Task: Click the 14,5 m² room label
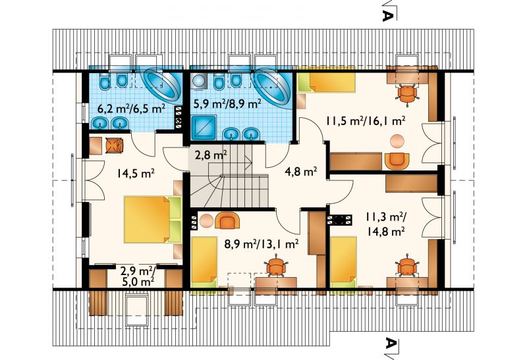pyautogui.click(x=136, y=173)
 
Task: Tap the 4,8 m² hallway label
pyautogui.click(x=305, y=172)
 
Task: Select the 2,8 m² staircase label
pyautogui.click(x=211, y=155)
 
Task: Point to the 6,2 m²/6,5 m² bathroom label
pyautogui.click(x=131, y=109)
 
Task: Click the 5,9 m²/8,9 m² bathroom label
pyautogui.click(x=227, y=104)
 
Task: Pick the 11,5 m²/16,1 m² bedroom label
pyautogui.click(x=365, y=120)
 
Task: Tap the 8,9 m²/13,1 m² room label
pyautogui.click(x=261, y=244)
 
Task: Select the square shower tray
pyautogui.click(x=204, y=128)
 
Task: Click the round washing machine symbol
pyautogui.click(x=199, y=81)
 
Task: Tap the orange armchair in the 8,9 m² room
pyautogui.click(x=227, y=220)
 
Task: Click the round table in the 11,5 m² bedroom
pyautogui.click(x=398, y=141)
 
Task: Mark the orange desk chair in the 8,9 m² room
pyautogui.click(x=277, y=266)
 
